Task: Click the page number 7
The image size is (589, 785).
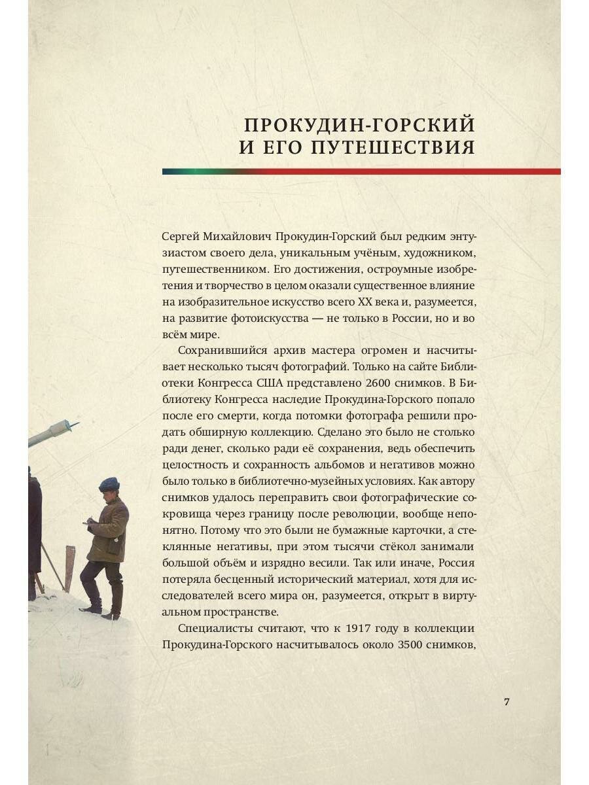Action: tap(507, 702)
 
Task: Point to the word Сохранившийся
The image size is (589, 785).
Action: tap(215, 349)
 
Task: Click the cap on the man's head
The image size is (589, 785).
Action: tap(109, 483)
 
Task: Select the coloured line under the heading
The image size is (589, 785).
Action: tap(361, 171)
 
